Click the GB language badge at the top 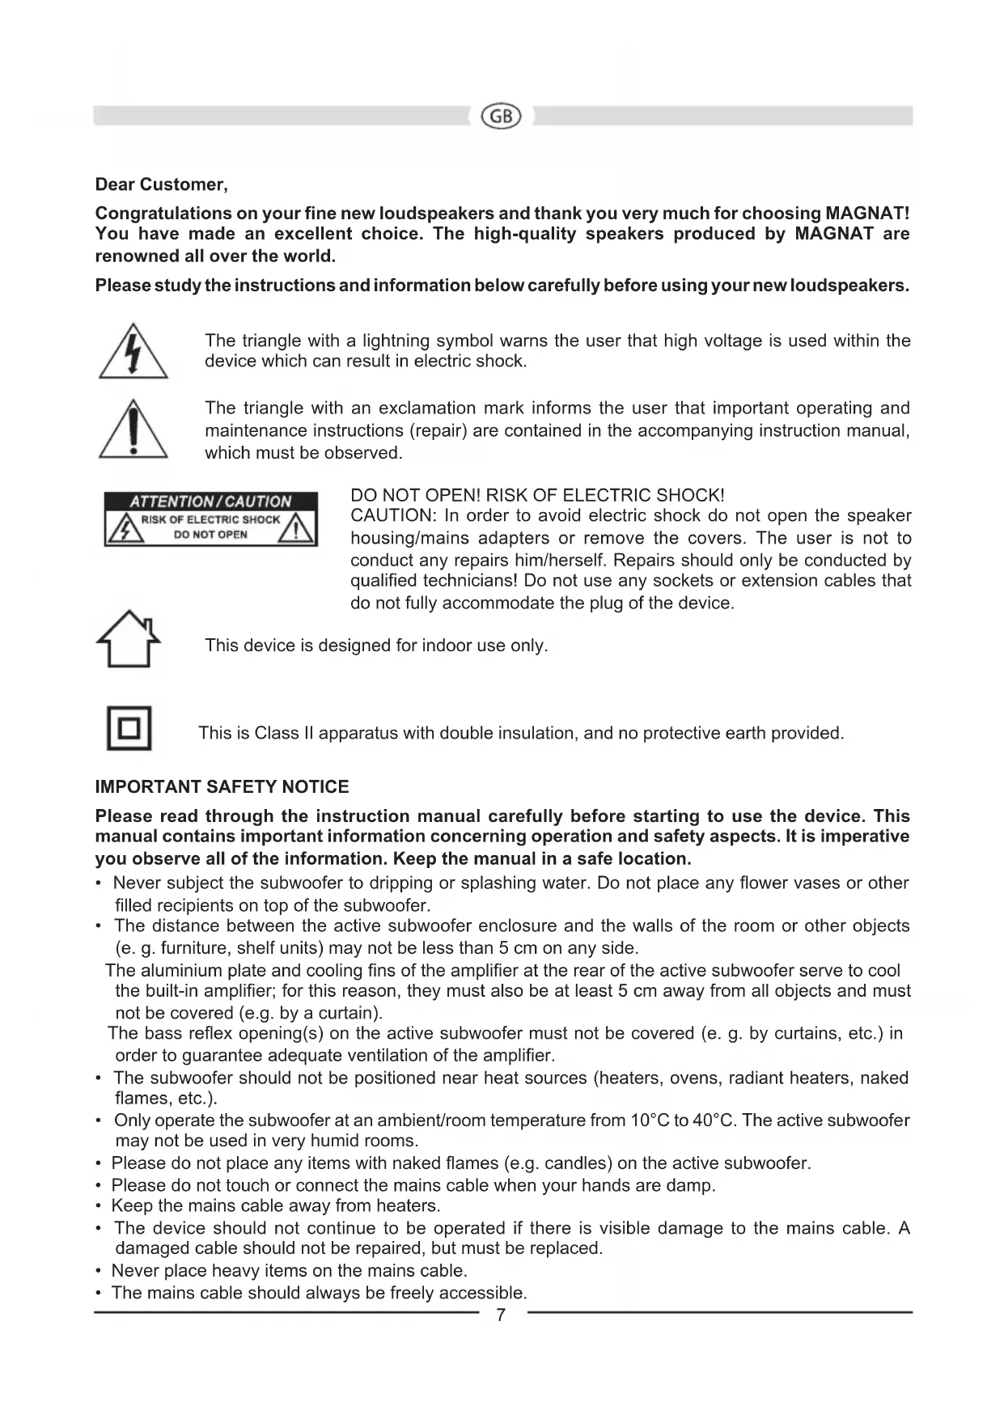502,116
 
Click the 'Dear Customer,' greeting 162,184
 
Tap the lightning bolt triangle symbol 133,353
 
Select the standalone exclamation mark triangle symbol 133,430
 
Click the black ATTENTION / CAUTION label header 210,502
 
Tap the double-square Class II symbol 129,729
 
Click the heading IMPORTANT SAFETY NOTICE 222,787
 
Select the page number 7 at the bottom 501,1315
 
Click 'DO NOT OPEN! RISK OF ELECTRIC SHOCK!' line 537,495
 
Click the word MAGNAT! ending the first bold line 867,214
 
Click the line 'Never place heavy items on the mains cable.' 290,1271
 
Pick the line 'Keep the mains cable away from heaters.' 276,1206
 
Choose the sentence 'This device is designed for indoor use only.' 376,646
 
